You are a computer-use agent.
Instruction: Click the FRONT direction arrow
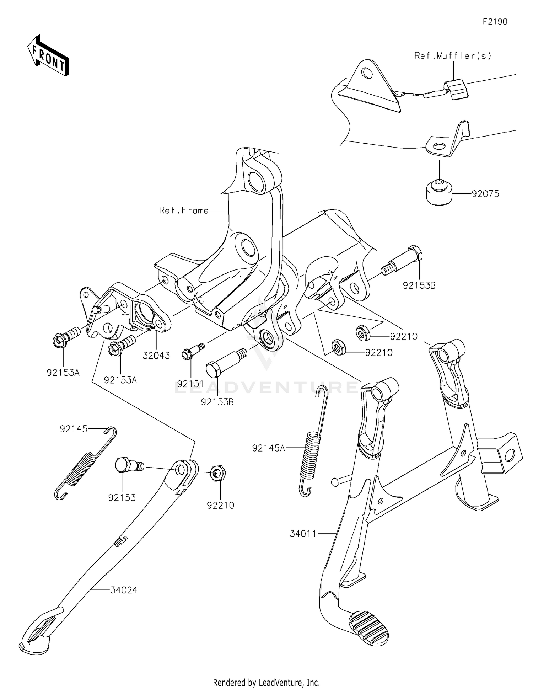(x=48, y=55)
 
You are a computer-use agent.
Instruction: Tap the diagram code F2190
(x=495, y=22)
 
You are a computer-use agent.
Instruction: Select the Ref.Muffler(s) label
(x=453, y=56)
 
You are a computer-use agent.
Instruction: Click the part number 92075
(x=485, y=194)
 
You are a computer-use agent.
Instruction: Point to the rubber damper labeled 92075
(x=439, y=193)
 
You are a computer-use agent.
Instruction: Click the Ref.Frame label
(x=184, y=210)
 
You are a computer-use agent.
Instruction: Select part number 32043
(x=156, y=355)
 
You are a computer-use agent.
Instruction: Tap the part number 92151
(x=190, y=384)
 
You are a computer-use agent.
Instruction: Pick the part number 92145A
(x=269, y=448)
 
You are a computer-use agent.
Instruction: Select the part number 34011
(x=303, y=534)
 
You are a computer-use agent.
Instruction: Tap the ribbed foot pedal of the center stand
(x=368, y=628)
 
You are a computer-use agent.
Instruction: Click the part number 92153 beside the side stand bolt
(x=122, y=497)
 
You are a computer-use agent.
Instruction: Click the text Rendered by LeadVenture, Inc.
(x=266, y=682)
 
